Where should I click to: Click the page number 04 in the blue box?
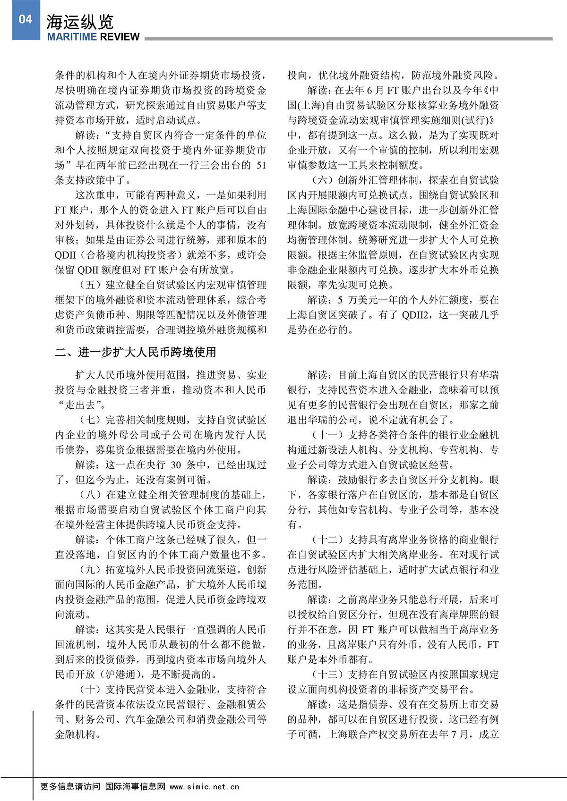click(26, 19)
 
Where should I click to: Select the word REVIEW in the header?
click(119, 37)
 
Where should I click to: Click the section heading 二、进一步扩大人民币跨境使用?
click(136, 352)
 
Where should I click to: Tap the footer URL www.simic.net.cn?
click(204, 787)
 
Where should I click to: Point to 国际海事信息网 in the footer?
click(135, 787)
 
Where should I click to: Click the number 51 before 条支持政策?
click(261, 166)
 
